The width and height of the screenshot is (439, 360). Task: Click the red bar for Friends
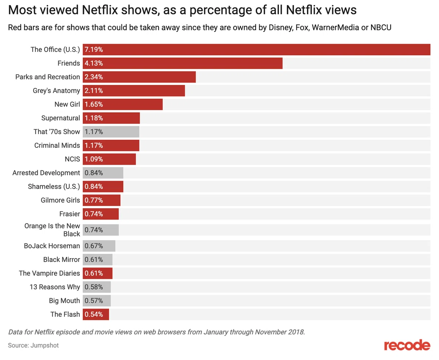tap(182, 63)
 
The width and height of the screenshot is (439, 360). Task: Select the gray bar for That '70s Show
tap(111, 132)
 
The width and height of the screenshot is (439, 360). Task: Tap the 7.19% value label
tap(94, 49)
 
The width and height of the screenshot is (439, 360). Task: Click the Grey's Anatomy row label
tap(56, 91)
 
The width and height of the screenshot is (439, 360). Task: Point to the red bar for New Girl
tap(123, 104)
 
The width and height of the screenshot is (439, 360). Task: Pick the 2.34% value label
tap(94, 77)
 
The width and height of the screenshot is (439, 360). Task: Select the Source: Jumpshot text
tap(33, 345)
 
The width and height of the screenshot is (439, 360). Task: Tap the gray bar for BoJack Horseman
tap(99, 246)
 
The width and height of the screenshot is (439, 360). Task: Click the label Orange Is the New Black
tap(52, 230)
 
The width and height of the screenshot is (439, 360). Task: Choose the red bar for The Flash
tap(96, 314)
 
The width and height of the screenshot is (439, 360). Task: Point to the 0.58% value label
tap(94, 287)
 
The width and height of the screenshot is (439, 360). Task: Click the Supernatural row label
tap(61, 118)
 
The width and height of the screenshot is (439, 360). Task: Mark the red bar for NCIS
tap(109, 159)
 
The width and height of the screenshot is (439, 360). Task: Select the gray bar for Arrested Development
tap(103, 173)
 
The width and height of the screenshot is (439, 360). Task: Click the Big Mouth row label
tap(64, 301)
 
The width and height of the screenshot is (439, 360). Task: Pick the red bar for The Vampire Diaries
tap(97, 273)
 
